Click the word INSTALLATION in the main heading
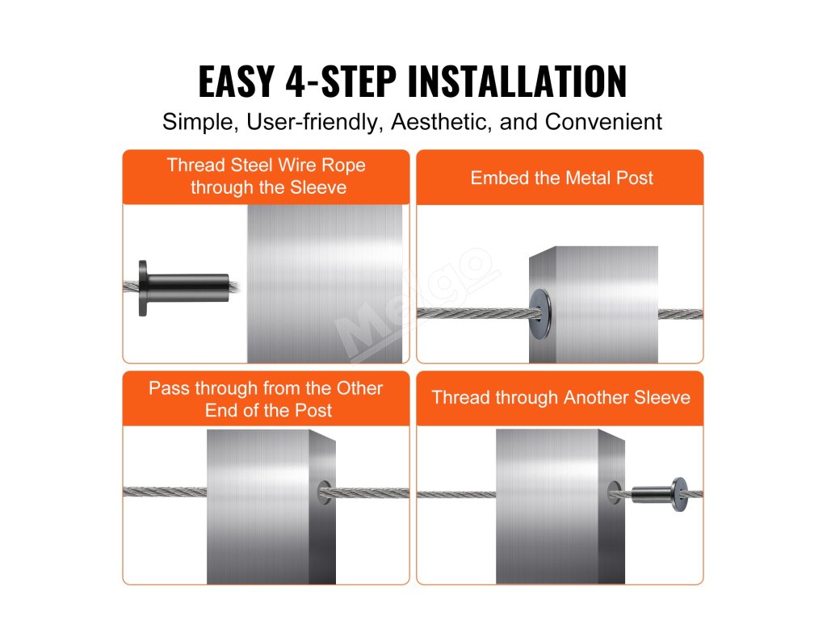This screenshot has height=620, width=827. click(518, 82)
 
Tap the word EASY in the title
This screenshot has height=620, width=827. click(237, 82)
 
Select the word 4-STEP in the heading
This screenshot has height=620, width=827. click(341, 82)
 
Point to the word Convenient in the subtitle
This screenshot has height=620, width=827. click(603, 122)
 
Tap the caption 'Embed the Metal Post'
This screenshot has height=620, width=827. click(562, 178)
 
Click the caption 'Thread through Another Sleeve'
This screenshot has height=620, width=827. click(560, 397)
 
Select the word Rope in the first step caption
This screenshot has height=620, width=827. click(343, 165)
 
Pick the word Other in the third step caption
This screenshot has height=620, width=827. click(359, 388)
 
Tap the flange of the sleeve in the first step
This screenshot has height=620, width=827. click(142, 288)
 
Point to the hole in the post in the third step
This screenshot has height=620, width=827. click(325, 492)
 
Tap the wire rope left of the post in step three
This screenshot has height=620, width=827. click(165, 492)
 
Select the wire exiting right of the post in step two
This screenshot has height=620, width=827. click(680, 314)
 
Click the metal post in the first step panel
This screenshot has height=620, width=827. click(325, 283)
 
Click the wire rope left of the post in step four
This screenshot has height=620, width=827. click(456, 495)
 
